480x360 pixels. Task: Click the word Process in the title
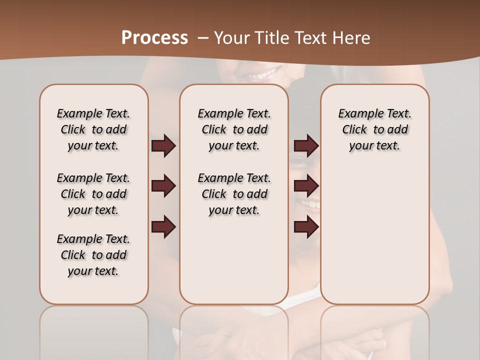tap(154, 38)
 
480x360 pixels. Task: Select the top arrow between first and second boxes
tap(163, 146)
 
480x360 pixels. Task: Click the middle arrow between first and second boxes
tap(163, 186)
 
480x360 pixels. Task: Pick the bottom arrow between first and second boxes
tap(163, 227)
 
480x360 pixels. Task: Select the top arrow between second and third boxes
tap(306, 146)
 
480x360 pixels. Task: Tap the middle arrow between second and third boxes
tap(306, 186)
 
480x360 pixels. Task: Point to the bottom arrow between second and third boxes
tap(306, 227)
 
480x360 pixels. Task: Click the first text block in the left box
tap(93, 129)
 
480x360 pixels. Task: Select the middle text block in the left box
tap(93, 194)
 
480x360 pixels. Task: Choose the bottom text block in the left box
tap(93, 255)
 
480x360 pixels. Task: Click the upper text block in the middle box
tap(234, 129)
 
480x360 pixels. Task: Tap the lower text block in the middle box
tap(234, 194)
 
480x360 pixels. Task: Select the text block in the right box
tap(375, 129)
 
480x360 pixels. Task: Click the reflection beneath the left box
tap(94, 330)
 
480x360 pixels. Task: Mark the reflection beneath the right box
tap(375, 330)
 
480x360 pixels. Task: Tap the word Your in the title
tap(231, 38)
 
